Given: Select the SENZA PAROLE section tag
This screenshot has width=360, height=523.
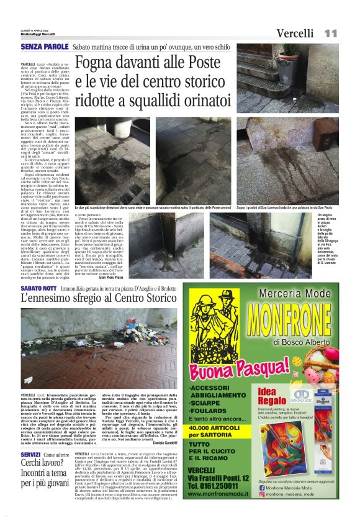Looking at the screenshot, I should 44,47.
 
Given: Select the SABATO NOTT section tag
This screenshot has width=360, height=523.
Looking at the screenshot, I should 38,289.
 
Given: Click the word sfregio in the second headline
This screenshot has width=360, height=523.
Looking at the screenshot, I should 89,299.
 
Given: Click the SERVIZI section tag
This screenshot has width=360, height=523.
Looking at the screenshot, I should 30,455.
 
